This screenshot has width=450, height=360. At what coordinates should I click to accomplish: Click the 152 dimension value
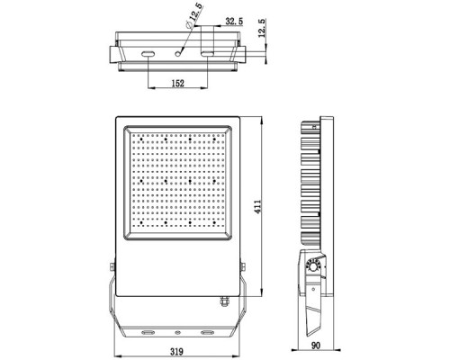point(177,84)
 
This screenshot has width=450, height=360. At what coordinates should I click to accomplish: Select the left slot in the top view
point(147,55)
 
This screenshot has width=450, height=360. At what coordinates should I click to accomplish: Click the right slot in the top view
point(208,55)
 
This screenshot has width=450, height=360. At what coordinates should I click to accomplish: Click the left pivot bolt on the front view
point(111,267)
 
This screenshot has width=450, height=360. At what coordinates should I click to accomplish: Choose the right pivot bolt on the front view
point(247,267)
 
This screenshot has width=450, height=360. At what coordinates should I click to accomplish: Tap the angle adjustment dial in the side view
point(314,265)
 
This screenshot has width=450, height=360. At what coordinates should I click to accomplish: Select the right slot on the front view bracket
point(209,330)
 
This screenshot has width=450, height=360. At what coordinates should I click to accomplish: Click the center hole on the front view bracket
point(178,330)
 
